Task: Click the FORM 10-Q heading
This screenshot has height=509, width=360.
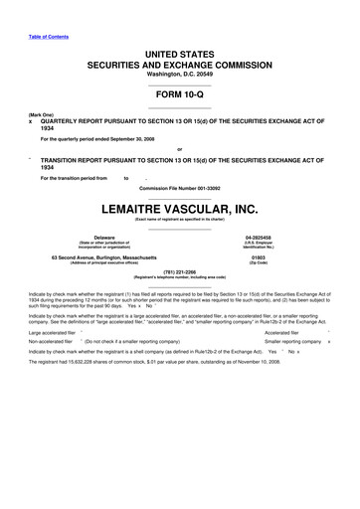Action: pos(179,97)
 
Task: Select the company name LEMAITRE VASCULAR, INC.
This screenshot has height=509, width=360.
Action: pos(179,211)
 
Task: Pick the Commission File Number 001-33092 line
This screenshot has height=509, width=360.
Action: pos(179,187)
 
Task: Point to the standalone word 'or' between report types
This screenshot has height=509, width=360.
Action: pos(179,150)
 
